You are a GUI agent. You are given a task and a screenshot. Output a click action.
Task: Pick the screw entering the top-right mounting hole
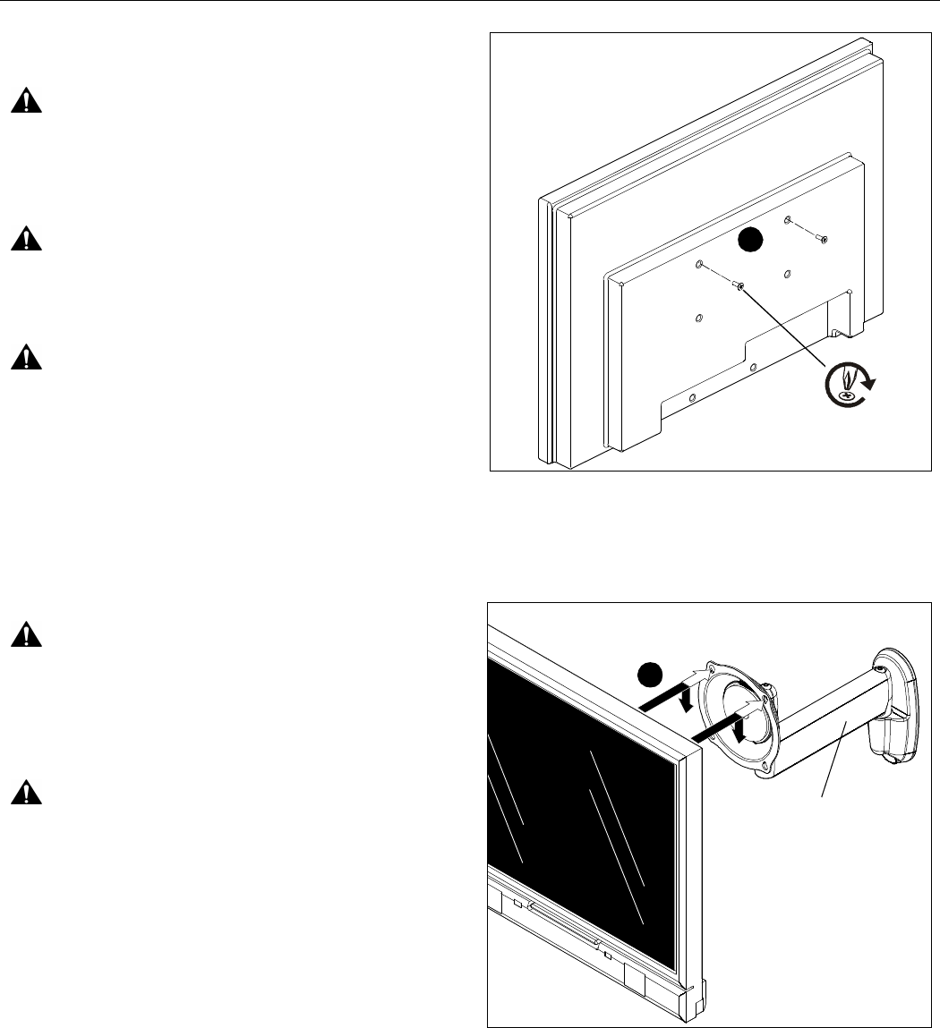824,239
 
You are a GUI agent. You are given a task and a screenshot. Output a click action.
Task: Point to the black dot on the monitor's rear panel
750,241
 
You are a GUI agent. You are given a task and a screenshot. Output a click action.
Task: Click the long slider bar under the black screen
564,921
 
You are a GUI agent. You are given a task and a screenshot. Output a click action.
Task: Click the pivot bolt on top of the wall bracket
881,667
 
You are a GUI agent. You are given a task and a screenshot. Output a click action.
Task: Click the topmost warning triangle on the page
27,102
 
